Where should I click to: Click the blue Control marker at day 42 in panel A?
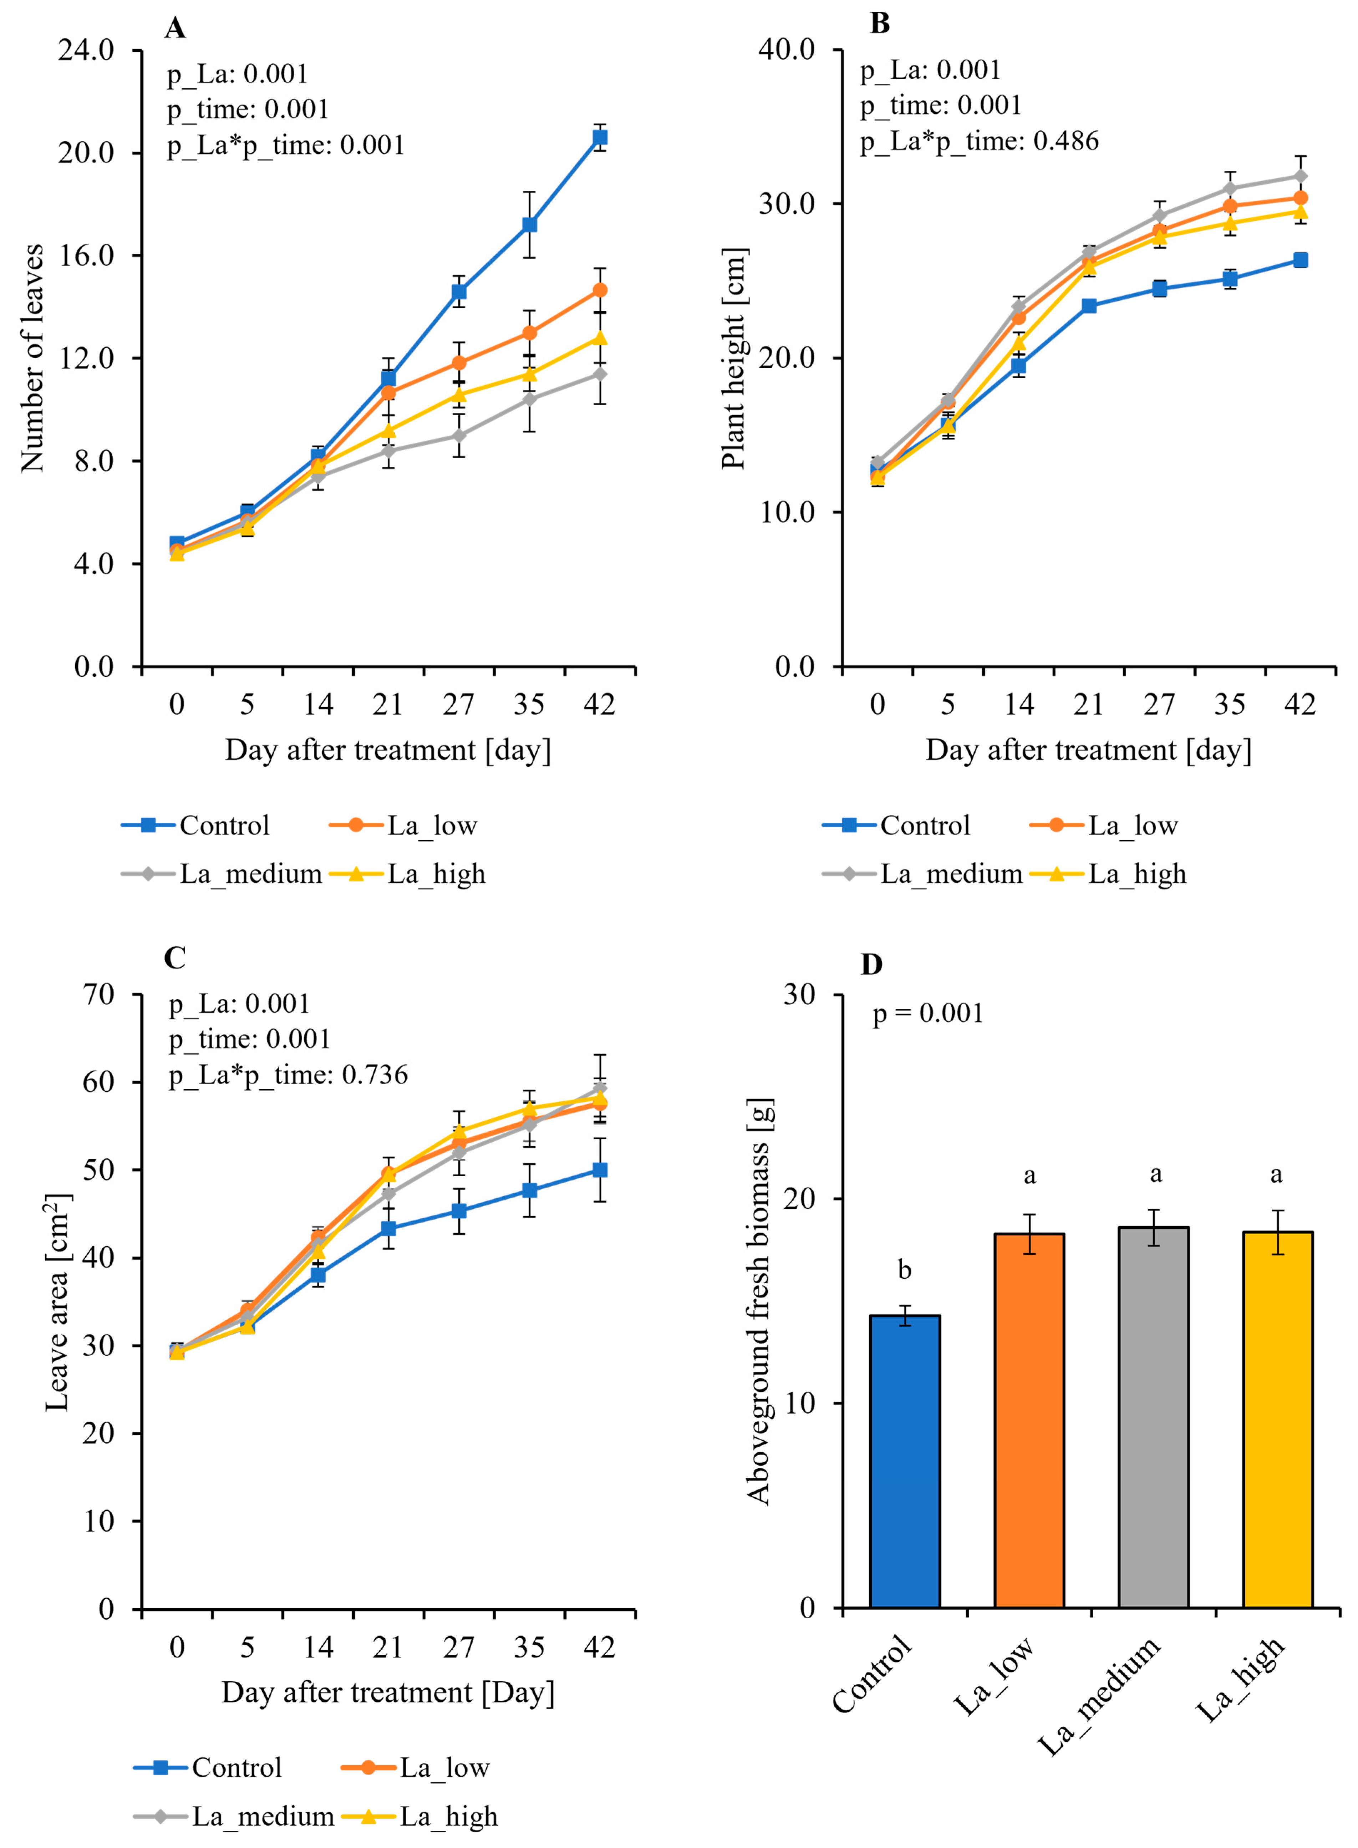tap(600, 137)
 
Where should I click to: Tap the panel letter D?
tap(871, 964)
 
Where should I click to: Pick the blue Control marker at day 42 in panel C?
tap(600, 1170)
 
